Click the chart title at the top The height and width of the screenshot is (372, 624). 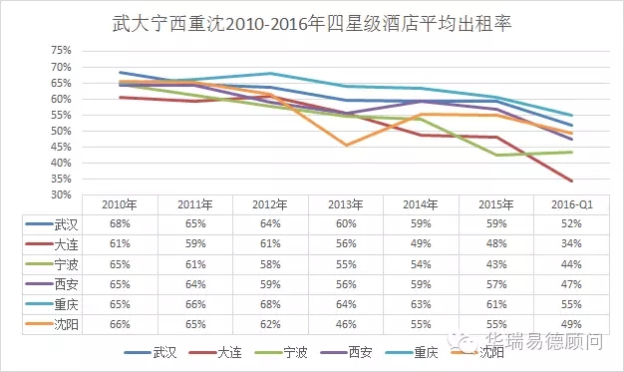pyautogui.click(x=312, y=24)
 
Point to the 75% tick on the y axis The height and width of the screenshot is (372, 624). pyautogui.click(x=61, y=51)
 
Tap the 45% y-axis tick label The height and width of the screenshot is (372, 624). pyautogui.click(x=61, y=147)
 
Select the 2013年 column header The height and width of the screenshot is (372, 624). pyautogui.click(x=346, y=204)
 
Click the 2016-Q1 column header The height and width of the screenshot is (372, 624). pyautogui.click(x=572, y=204)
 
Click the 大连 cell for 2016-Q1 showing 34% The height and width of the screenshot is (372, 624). pyautogui.click(x=571, y=243)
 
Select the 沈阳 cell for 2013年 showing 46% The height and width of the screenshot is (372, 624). pyautogui.click(x=346, y=324)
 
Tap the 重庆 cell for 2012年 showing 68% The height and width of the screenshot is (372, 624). pyautogui.click(x=270, y=305)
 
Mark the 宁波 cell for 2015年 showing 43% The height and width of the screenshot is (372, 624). pyautogui.click(x=496, y=264)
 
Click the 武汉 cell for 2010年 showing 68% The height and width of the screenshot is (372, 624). pyautogui.click(x=120, y=223)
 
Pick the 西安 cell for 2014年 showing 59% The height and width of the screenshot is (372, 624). pyautogui.click(x=421, y=285)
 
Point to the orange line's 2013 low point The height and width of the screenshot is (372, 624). pyautogui.click(x=346, y=145)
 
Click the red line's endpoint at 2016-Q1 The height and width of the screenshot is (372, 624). pyautogui.click(x=572, y=181)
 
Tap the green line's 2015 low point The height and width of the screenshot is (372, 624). pyautogui.click(x=496, y=155)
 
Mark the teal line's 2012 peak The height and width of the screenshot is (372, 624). pyautogui.click(x=270, y=73)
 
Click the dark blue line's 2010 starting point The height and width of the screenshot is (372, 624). pyautogui.click(x=121, y=73)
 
